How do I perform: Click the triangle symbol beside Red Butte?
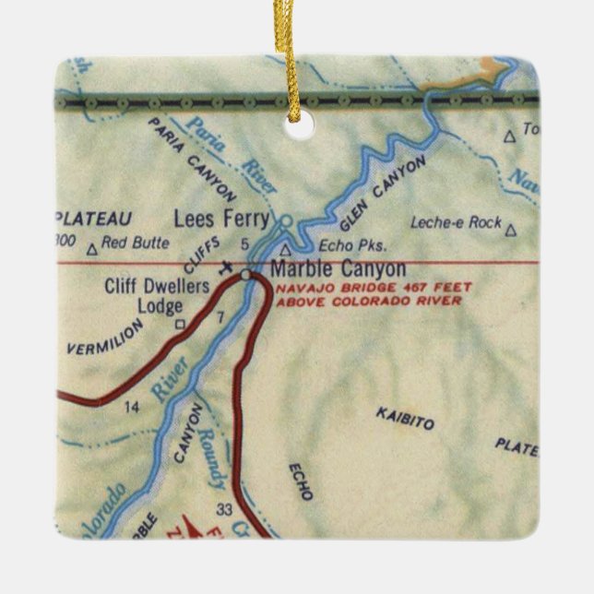coord(91,248)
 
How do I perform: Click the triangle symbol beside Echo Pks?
coord(285,249)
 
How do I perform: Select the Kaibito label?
coord(404,417)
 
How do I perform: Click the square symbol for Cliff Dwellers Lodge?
coord(180,323)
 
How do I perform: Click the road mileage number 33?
coord(221,508)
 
